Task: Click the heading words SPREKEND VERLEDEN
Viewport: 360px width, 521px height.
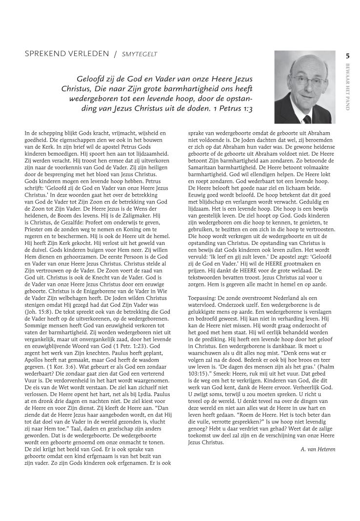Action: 67,54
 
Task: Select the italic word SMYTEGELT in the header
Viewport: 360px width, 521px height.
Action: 140,54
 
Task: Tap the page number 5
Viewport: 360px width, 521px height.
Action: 347,56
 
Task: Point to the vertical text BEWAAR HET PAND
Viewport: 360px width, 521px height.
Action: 347,87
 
